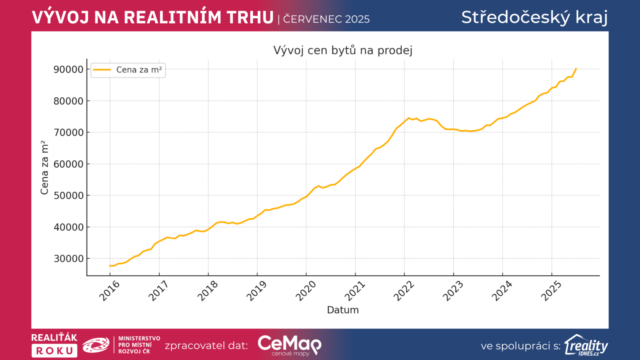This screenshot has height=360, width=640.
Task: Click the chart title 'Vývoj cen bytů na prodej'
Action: click(x=343, y=50)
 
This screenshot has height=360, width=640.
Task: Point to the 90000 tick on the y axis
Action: click(x=68, y=70)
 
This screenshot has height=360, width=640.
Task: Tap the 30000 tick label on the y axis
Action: click(x=68, y=259)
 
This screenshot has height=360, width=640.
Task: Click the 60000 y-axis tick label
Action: click(x=68, y=164)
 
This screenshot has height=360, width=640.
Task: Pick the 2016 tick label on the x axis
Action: click(x=109, y=291)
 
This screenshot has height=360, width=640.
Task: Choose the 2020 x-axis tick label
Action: click(x=306, y=291)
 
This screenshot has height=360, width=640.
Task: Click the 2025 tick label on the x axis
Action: click(x=551, y=291)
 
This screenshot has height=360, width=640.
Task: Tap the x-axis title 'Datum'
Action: click(x=343, y=310)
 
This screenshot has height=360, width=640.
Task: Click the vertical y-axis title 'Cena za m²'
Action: click(x=44, y=168)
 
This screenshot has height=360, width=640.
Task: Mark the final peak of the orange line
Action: click(x=576, y=69)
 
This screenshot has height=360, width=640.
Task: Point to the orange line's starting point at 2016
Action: click(x=110, y=266)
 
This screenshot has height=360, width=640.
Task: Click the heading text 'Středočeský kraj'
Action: click(x=534, y=17)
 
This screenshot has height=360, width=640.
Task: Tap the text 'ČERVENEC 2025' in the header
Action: click(x=326, y=19)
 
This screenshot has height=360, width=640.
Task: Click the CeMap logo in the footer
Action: click(x=289, y=345)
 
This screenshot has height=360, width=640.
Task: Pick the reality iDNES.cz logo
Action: click(x=586, y=345)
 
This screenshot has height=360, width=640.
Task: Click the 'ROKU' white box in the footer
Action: click(x=54, y=351)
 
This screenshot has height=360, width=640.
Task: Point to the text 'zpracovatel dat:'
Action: click(x=206, y=346)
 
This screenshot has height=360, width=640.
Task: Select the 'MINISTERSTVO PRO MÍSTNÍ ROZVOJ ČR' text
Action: click(x=139, y=345)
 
